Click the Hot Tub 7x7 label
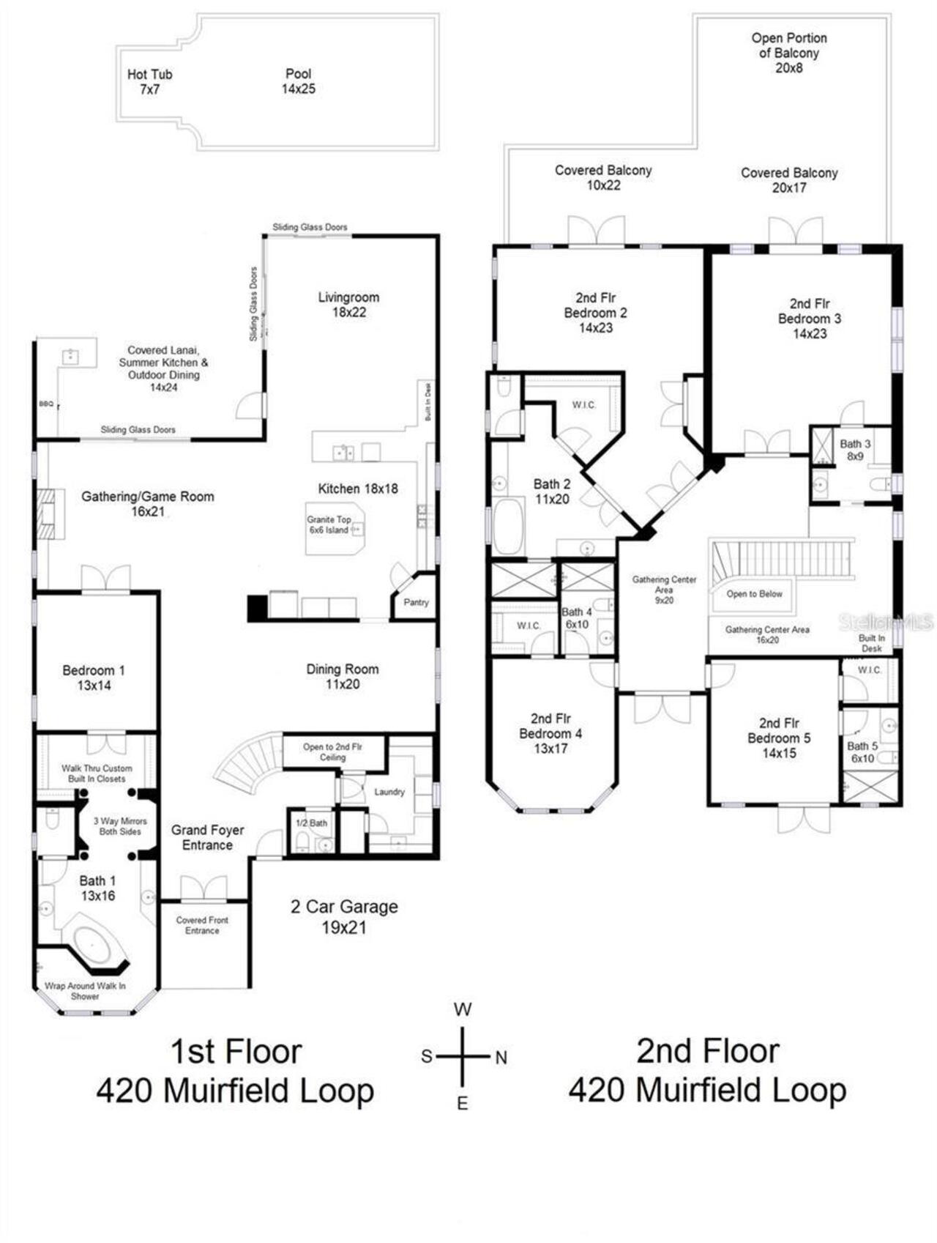pyautogui.click(x=149, y=81)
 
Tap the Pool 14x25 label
pyautogui.click(x=298, y=81)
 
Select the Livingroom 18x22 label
pyautogui.click(x=348, y=304)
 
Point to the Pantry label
pyautogui.click(x=416, y=602)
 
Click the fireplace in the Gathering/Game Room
pyautogui.click(x=46, y=513)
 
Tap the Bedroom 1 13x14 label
pyautogui.click(x=94, y=678)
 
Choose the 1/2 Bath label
pyautogui.click(x=311, y=823)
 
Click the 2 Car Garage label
pyautogui.click(x=344, y=916)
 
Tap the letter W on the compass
pyautogui.click(x=463, y=1009)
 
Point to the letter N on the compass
pyautogui.click(x=501, y=1058)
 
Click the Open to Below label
pyautogui.click(x=754, y=594)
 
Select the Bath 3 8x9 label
pyautogui.click(x=855, y=450)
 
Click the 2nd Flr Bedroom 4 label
pyautogui.click(x=550, y=733)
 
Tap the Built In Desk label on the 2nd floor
pyautogui.click(x=871, y=643)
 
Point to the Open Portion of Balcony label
pyautogui.click(x=789, y=53)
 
